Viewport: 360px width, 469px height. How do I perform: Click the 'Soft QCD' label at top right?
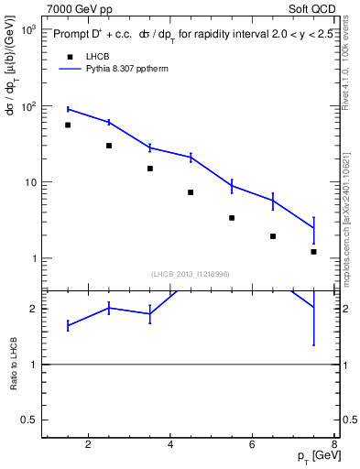pyautogui.click(x=312, y=8)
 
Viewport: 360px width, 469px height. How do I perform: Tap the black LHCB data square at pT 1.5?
pyautogui.click(x=68, y=125)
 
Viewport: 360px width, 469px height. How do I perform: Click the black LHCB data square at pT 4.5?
pyautogui.click(x=191, y=192)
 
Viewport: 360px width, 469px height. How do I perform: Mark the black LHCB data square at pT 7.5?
pyautogui.click(x=313, y=251)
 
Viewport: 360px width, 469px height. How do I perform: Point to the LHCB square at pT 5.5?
pyautogui.click(x=232, y=218)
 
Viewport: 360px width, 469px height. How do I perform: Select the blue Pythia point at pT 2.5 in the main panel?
pyautogui.click(x=109, y=122)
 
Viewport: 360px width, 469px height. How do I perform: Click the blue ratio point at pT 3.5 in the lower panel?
pyautogui.click(x=149, y=313)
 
